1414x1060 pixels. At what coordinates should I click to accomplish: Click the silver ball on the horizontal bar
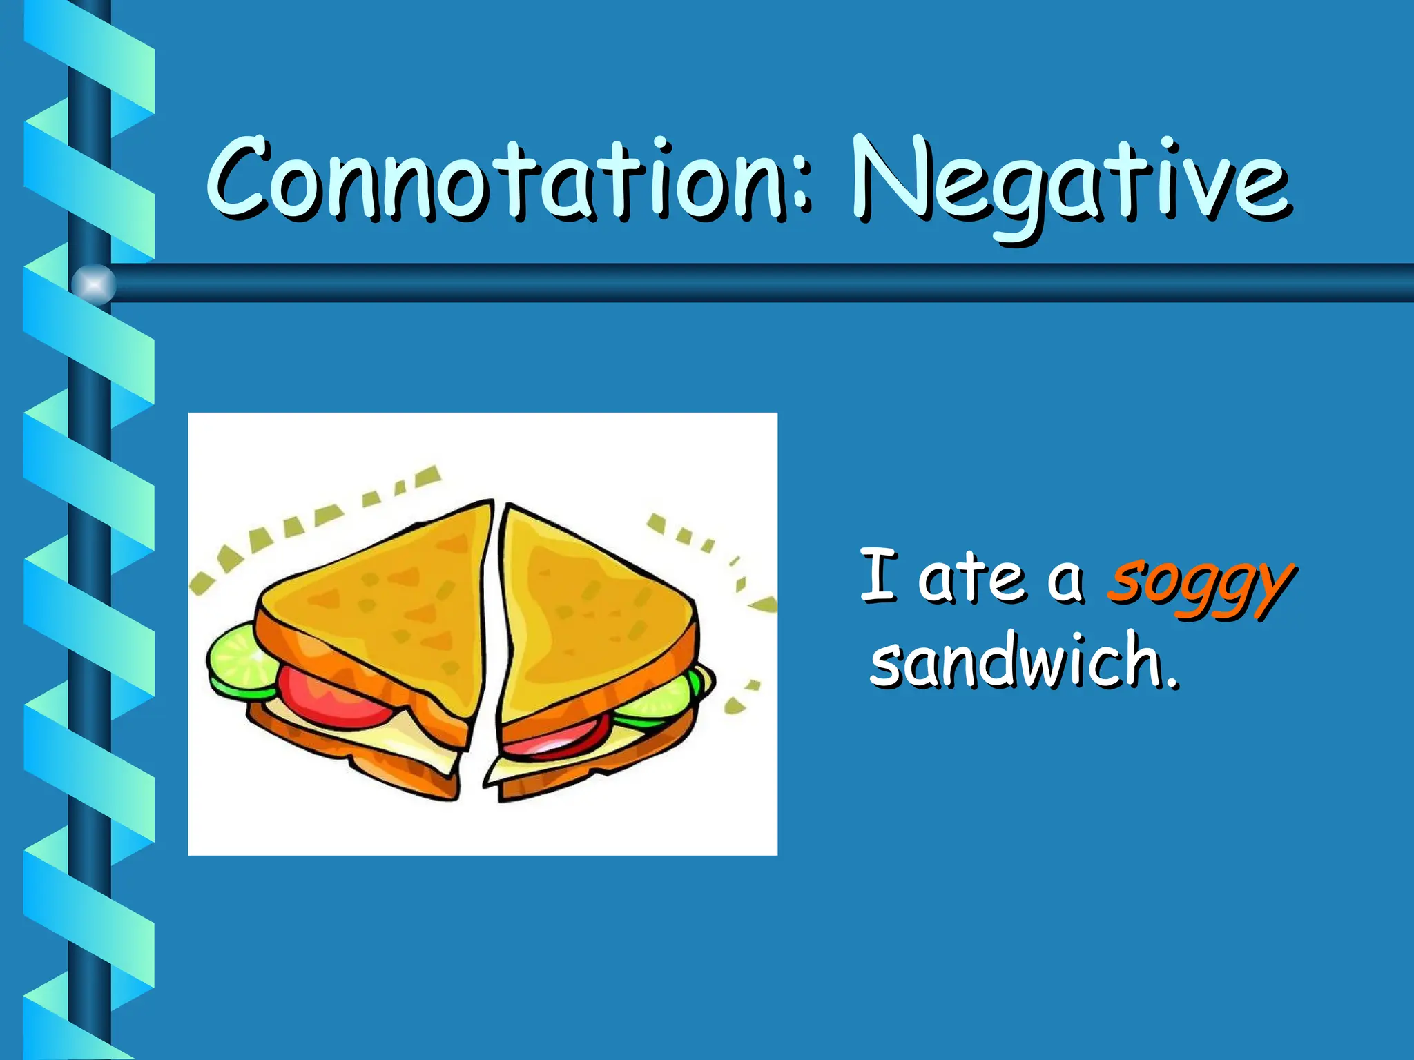click(93, 284)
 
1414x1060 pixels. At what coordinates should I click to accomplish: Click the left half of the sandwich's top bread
click(387, 600)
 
